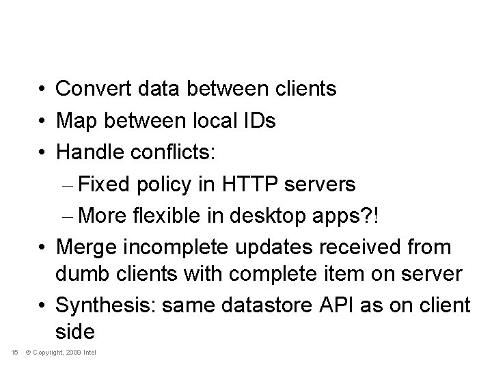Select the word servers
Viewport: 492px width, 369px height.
pyautogui.click(x=325, y=185)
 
